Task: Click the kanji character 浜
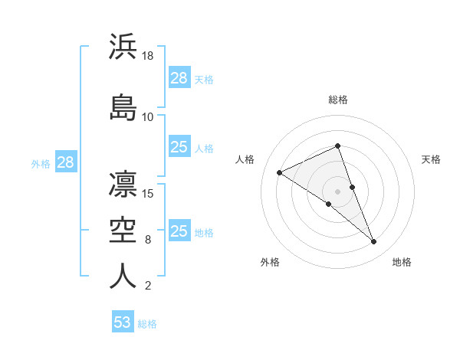(123, 47)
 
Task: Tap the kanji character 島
(123, 108)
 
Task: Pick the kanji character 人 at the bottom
(123, 277)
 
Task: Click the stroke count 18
(149, 56)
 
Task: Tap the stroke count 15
(149, 193)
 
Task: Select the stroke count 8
(148, 240)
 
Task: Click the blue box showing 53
(123, 322)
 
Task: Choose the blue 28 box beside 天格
(179, 78)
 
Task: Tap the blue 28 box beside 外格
(65, 162)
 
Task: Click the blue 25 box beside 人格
(179, 147)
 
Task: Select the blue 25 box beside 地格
(179, 231)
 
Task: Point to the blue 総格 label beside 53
(147, 324)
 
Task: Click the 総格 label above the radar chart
(338, 100)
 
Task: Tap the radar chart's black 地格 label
(402, 262)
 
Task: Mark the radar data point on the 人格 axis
(279, 172)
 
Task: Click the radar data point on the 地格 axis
(373, 241)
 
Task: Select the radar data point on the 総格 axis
(338, 146)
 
